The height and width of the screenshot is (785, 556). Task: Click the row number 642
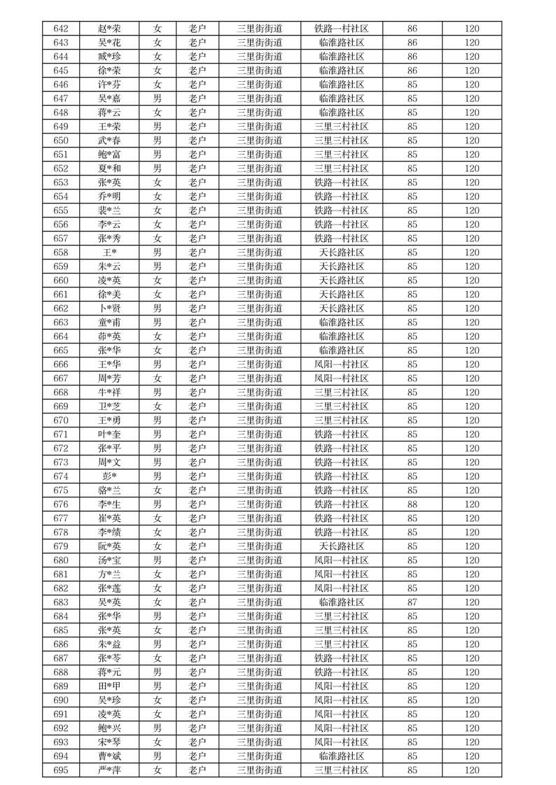(61, 29)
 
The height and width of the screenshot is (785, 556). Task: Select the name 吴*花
(109, 43)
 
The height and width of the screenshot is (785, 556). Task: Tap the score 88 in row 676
(412, 504)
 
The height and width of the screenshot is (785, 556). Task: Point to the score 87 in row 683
(412, 602)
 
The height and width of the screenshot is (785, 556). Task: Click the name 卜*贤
(109, 309)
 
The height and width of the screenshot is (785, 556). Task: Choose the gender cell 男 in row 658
(158, 253)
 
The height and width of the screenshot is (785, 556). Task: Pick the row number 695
(61, 770)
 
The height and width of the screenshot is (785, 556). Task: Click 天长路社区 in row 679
(342, 546)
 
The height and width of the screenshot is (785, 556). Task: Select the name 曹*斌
(109, 756)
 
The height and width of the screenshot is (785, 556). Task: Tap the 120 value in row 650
(472, 141)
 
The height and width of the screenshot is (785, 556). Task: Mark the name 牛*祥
(109, 392)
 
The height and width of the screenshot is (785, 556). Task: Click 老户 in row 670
(197, 420)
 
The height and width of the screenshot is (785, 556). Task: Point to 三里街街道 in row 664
(260, 337)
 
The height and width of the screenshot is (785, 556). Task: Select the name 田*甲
(109, 686)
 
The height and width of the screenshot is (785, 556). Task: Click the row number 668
(61, 392)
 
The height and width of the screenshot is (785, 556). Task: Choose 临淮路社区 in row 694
(342, 756)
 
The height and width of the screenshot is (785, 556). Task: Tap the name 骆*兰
(109, 490)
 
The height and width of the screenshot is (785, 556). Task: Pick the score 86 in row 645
(412, 71)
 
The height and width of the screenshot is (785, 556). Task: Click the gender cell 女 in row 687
(158, 658)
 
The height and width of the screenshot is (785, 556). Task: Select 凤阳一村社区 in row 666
(342, 365)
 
